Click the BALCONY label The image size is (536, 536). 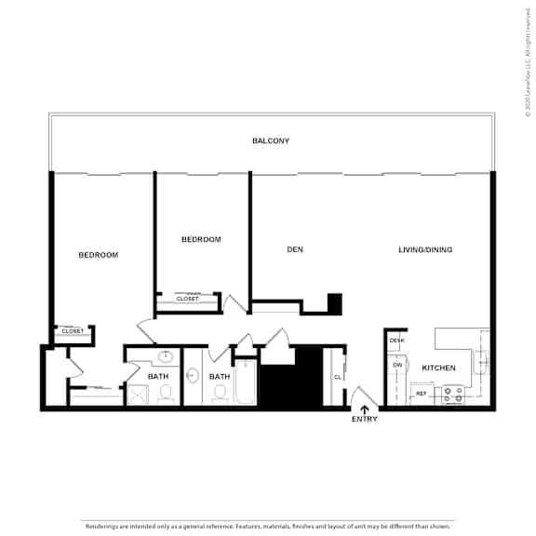(x=271, y=141)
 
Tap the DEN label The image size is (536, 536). (x=295, y=249)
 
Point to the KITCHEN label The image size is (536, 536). (x=438, y=368)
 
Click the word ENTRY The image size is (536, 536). (x=364, y=419)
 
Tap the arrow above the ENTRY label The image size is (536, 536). (x=364, y=406)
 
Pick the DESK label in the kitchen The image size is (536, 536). (x=397, y=341)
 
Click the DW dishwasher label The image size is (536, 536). (x=396, y=365)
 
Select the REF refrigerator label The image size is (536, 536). (x=421, y=395)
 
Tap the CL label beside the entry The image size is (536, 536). (x=338, y=377)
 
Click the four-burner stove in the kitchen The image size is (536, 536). (x=453, y=395)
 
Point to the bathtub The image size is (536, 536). (x=245, y=382)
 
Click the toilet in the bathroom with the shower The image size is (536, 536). (x=167, y=394)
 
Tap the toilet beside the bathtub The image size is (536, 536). (x=220, y=394)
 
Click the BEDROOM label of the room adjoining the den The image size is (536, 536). (x=201, y=240)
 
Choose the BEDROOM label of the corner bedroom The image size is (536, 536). (x=98, y=255)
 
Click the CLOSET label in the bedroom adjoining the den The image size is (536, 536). (x=187, y=299)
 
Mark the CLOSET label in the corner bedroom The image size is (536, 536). (x=73, y=331)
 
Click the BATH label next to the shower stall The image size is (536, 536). (x=158, y=377)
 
